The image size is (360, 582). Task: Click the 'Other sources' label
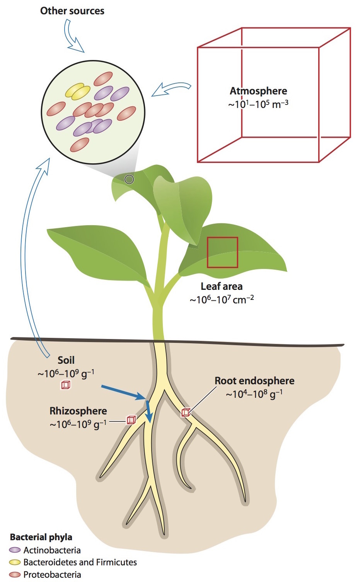(x=72, y=11)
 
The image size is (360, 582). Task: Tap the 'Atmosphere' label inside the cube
(x=258, y=91)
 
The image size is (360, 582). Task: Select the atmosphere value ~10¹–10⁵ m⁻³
(x=258, y=104)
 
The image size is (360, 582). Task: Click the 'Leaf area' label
(x=222, y=286)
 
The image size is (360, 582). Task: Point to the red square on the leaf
(x=222, y=252)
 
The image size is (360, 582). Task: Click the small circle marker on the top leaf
(x=129, y=179)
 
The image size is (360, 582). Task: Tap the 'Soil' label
(x=66, y=360)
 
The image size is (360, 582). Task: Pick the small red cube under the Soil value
(x=66, y=385)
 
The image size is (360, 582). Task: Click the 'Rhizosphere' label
(x=78, y=411)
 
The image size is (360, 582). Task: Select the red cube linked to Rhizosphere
(x=131, y=420)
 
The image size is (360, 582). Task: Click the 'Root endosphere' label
(x=254, y=381)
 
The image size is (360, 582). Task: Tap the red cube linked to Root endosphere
(x=186, y=413)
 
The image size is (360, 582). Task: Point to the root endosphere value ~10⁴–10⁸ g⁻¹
(x=254, y=394)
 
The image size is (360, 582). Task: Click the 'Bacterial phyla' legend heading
(x=41, y=537)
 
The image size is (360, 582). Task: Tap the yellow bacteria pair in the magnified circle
(x=78, y=91)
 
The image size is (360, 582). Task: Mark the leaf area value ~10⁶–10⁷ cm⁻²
(x=222, y=300)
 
